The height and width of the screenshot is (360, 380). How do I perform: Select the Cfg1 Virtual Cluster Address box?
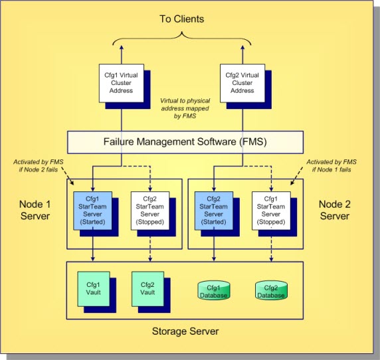120,82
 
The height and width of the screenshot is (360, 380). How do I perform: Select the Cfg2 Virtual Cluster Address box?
241,82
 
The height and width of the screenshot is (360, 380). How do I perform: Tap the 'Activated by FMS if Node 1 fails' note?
331,165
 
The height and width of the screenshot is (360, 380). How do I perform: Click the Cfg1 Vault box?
93,288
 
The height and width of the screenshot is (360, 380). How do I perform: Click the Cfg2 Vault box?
147,288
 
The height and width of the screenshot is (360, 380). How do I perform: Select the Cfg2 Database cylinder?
270,291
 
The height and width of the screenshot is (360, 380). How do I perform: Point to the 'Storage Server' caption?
186,330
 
